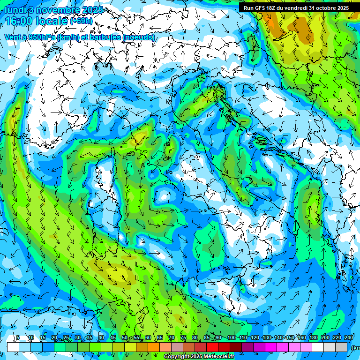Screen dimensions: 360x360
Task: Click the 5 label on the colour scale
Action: click(x=18, y=337)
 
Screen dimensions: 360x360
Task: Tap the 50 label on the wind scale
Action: click(x=124, y=337)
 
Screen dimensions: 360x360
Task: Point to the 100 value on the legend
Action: click(x=231, y=337)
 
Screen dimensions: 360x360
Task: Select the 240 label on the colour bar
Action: click(x=349, y=337)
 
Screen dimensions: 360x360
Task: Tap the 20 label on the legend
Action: click(x=54, y=337)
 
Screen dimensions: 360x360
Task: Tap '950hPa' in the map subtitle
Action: click(x=45, y=37)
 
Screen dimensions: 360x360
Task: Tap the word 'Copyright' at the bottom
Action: click(x=176, y=357)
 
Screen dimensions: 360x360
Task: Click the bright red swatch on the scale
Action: click(x=212, y=347)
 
